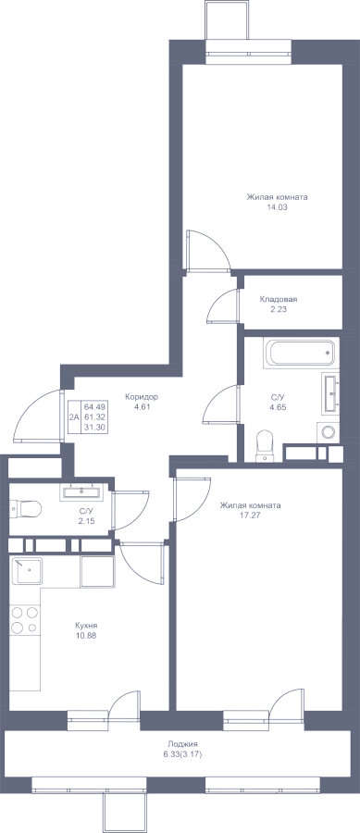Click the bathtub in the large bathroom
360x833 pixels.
301,354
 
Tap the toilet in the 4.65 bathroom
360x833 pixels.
264,446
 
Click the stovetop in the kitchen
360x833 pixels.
24,620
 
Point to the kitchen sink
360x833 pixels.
27,570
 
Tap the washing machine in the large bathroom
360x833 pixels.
329,432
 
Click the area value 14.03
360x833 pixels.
277,207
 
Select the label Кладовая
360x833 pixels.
279,299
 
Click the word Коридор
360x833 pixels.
142,396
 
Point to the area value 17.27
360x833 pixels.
251,515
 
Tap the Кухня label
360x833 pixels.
86,626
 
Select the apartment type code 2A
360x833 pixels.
74,417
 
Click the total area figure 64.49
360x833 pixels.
93,405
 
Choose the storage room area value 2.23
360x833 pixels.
279,309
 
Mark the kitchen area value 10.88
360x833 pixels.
86,635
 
